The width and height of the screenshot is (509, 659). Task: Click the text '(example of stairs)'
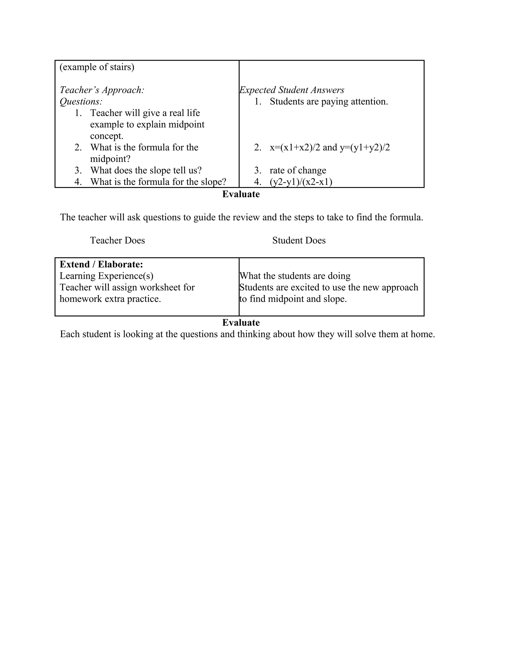(97, 67)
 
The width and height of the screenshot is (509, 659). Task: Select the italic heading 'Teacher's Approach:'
(102, 90)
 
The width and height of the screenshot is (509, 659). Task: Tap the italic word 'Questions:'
(81, 101)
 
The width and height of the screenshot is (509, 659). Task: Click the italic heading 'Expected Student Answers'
(292, 90)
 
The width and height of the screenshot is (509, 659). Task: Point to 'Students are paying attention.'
(329, 101)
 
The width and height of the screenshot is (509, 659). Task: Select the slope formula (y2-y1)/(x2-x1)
(301, 182)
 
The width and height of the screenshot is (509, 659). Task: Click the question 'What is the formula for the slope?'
(158, 182)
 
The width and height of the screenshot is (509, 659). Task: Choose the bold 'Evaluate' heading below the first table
(241, 194)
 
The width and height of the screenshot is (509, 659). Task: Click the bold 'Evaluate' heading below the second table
(241, 323)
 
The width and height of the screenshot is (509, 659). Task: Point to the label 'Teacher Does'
(117, 240)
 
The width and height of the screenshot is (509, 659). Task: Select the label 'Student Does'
(299, 240)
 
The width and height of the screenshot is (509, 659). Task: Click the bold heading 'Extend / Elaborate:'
(101, 264)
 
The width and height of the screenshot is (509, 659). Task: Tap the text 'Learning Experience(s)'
(106, 276)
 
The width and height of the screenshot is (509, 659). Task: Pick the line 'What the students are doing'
(295, 276)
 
